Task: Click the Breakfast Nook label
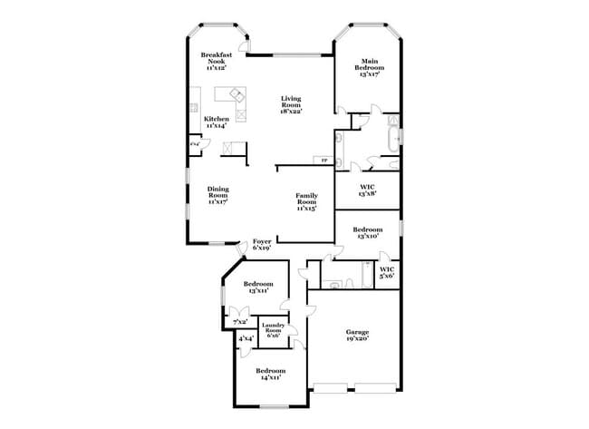pyautogui.click(x=215, y=61)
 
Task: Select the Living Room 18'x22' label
pyautogui.click(x=291, y=104)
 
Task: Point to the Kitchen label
pyautogui.click(x=216, y=122)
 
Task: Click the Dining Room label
pyautogui.click(x=217, y=195)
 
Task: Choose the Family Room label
pyautogui.click(x=306, y=200)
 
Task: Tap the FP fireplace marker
pyautogui.click(x=323, y=161)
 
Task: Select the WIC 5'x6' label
pyautogui.click(x=386, y=272)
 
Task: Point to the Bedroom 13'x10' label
pyautogui.click(x=367, y=233)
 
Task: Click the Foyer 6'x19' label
pyautogui.click(x=262, y=244)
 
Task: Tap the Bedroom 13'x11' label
pyautogui.click(x=258, y=288)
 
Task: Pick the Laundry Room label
pyautogui.click(x=273, y=330)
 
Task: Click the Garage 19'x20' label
pyautogui.click(x=357, y=335)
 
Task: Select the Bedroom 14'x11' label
pyautogui.click(x=269, y=374)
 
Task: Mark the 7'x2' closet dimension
pyautogui.click(x=241, y=321)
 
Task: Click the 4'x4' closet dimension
pyautogui.click(x=246, y=340)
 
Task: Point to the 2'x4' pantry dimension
pyautogui.click(x=194, y=143)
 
